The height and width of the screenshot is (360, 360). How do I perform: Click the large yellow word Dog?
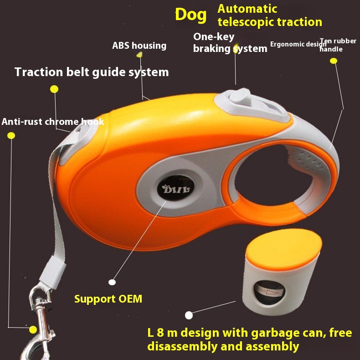click(x=191, y=15)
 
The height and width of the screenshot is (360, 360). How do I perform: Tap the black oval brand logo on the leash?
click(x=175, y=188)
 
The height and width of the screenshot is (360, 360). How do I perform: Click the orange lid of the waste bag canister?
click(x=284, y=249)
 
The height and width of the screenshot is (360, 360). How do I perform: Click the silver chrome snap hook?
click(x=40, y=321)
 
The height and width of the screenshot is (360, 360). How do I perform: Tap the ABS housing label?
click(x=139, y=46)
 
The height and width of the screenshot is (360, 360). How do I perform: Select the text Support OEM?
click(x=108, y=299)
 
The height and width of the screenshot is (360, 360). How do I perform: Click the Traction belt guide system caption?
click(x=92, y=72)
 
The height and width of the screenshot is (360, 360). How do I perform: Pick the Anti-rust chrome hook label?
click(x=53, y=122)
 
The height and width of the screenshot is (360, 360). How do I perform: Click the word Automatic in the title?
click(x=247, y=9)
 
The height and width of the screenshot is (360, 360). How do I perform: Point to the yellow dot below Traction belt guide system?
click(x=54, y=89)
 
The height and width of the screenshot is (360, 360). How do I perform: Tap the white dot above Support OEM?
click(x=112, y=282)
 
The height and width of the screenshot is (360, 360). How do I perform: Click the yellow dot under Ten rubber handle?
click(x=334, y=61)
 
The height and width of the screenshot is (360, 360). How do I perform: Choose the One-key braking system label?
click(x=230, y=42)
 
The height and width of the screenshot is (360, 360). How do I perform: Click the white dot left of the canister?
click(x=189, y=315)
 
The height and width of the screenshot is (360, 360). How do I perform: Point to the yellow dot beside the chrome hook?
click(x=33, y=329)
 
